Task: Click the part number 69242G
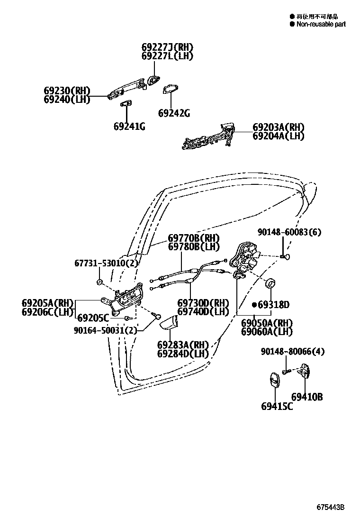pyautogui.click(x=174, y=114)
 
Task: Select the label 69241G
pyautogui.click(x=129, y=127)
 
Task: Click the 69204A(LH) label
pyautogui.click(x=278, y=136)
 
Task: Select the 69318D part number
pyautogui.click(x=273, y=305)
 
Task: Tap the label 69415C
pyautogui.click(x=277, y=406)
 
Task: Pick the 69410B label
pyautogui.click(x=306, y=397)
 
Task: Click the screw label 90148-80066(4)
pyautogui.click(x=292, y=352)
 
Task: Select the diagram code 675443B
pyautogui.click(x=330, y=507)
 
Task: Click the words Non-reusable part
pyautogui.click(x=321, y=24)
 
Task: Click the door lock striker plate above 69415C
pyautogui.click(x=275, y=382)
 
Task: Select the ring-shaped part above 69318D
pyautogui.click(x=271, y=283)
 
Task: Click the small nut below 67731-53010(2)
pyautogui.click(x=100, y=282)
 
